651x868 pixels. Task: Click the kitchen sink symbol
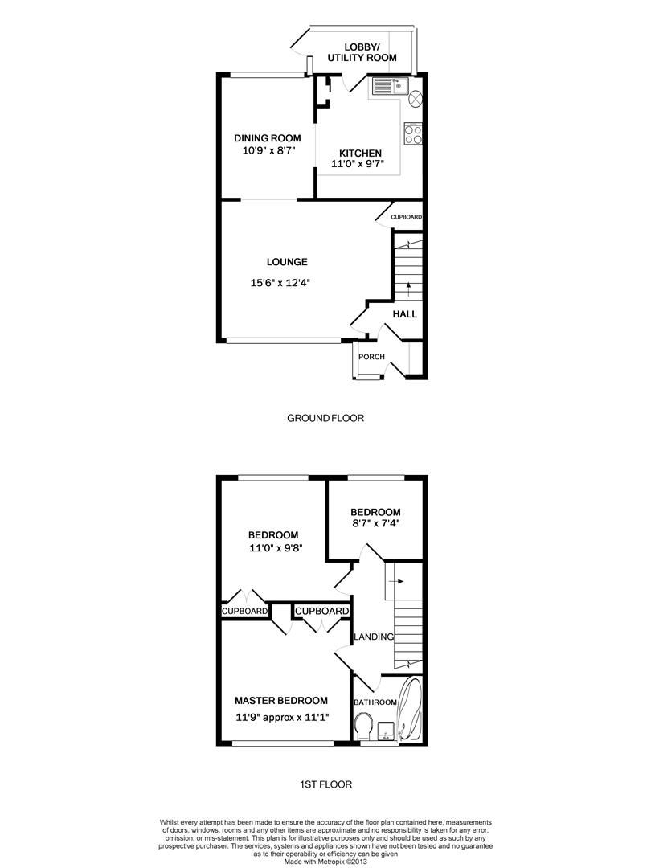point(391,85)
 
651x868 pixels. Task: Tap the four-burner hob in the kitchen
point(413,133)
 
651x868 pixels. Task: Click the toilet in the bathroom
point(362,725)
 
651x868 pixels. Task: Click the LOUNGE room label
point(287,262)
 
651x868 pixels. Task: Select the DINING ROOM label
point(267,138)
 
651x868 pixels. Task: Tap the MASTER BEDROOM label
point(281,701)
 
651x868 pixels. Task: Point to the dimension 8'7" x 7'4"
point(375,523)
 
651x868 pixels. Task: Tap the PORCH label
point(371,357)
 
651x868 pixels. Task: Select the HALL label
point(404,313)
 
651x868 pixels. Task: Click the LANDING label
point(374,637)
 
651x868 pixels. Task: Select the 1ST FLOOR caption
point(325,784)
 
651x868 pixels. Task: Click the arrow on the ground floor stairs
point(408,285)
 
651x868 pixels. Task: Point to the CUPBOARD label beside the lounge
point(406,217)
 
